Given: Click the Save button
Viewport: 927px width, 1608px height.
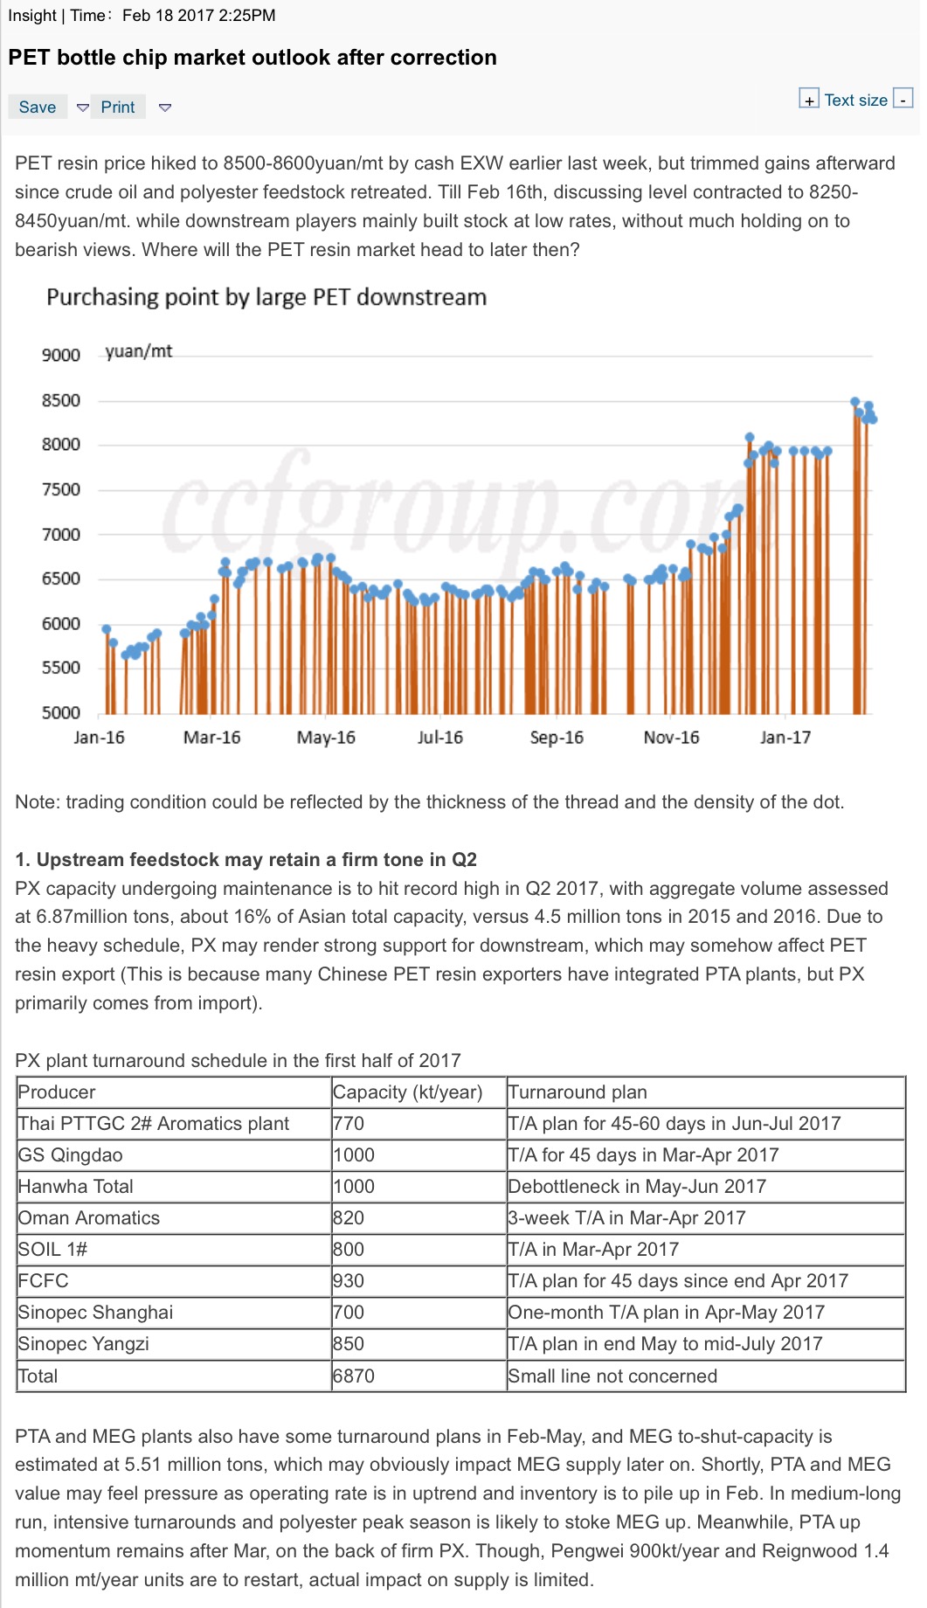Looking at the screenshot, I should click(38, 107).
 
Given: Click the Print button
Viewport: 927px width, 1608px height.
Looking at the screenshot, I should click(118, 107).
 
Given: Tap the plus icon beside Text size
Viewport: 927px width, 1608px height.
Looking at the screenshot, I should click(809, 99).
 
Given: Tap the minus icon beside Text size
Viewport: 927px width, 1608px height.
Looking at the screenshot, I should click(903, 99).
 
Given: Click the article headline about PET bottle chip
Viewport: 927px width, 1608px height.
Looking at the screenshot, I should click(253, 58).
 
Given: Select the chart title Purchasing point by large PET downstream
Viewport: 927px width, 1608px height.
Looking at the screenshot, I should click(266, 297).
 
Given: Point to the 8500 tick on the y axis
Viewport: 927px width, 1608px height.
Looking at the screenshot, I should click(61, 400).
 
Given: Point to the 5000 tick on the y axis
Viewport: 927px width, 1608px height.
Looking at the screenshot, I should click(61, 712).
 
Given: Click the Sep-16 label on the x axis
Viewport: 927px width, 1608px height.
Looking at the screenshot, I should click(557, 737).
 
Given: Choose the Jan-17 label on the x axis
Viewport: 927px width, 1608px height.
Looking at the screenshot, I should click(785, 737).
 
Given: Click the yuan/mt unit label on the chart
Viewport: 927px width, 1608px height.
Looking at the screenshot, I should click(139, 351).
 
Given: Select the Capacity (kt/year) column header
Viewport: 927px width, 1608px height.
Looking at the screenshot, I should click(408, 1092).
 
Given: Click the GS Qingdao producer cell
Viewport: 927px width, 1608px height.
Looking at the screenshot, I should click(71, 1155).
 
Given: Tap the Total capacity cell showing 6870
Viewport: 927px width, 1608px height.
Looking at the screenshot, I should click(354, 1376).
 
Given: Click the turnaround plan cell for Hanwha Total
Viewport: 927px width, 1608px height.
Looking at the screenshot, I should click(637, 1187).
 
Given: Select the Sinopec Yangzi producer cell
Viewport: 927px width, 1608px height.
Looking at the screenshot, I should click(84, 1344).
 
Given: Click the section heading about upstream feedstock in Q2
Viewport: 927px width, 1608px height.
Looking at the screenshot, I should click(246, 859).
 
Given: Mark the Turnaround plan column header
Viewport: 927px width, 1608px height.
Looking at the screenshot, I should click(578, 1092).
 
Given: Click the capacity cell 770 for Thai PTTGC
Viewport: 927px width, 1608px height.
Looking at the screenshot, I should click(349, 1124).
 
